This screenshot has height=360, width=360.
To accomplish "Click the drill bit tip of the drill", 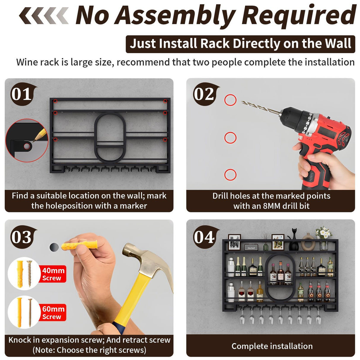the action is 242,102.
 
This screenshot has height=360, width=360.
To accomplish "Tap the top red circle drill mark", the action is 230,100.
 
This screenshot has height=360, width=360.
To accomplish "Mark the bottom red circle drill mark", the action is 230,175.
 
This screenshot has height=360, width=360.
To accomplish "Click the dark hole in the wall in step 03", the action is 54,247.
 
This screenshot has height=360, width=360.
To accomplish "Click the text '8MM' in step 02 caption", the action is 272,206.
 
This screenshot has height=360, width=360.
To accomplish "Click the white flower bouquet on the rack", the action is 324,232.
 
